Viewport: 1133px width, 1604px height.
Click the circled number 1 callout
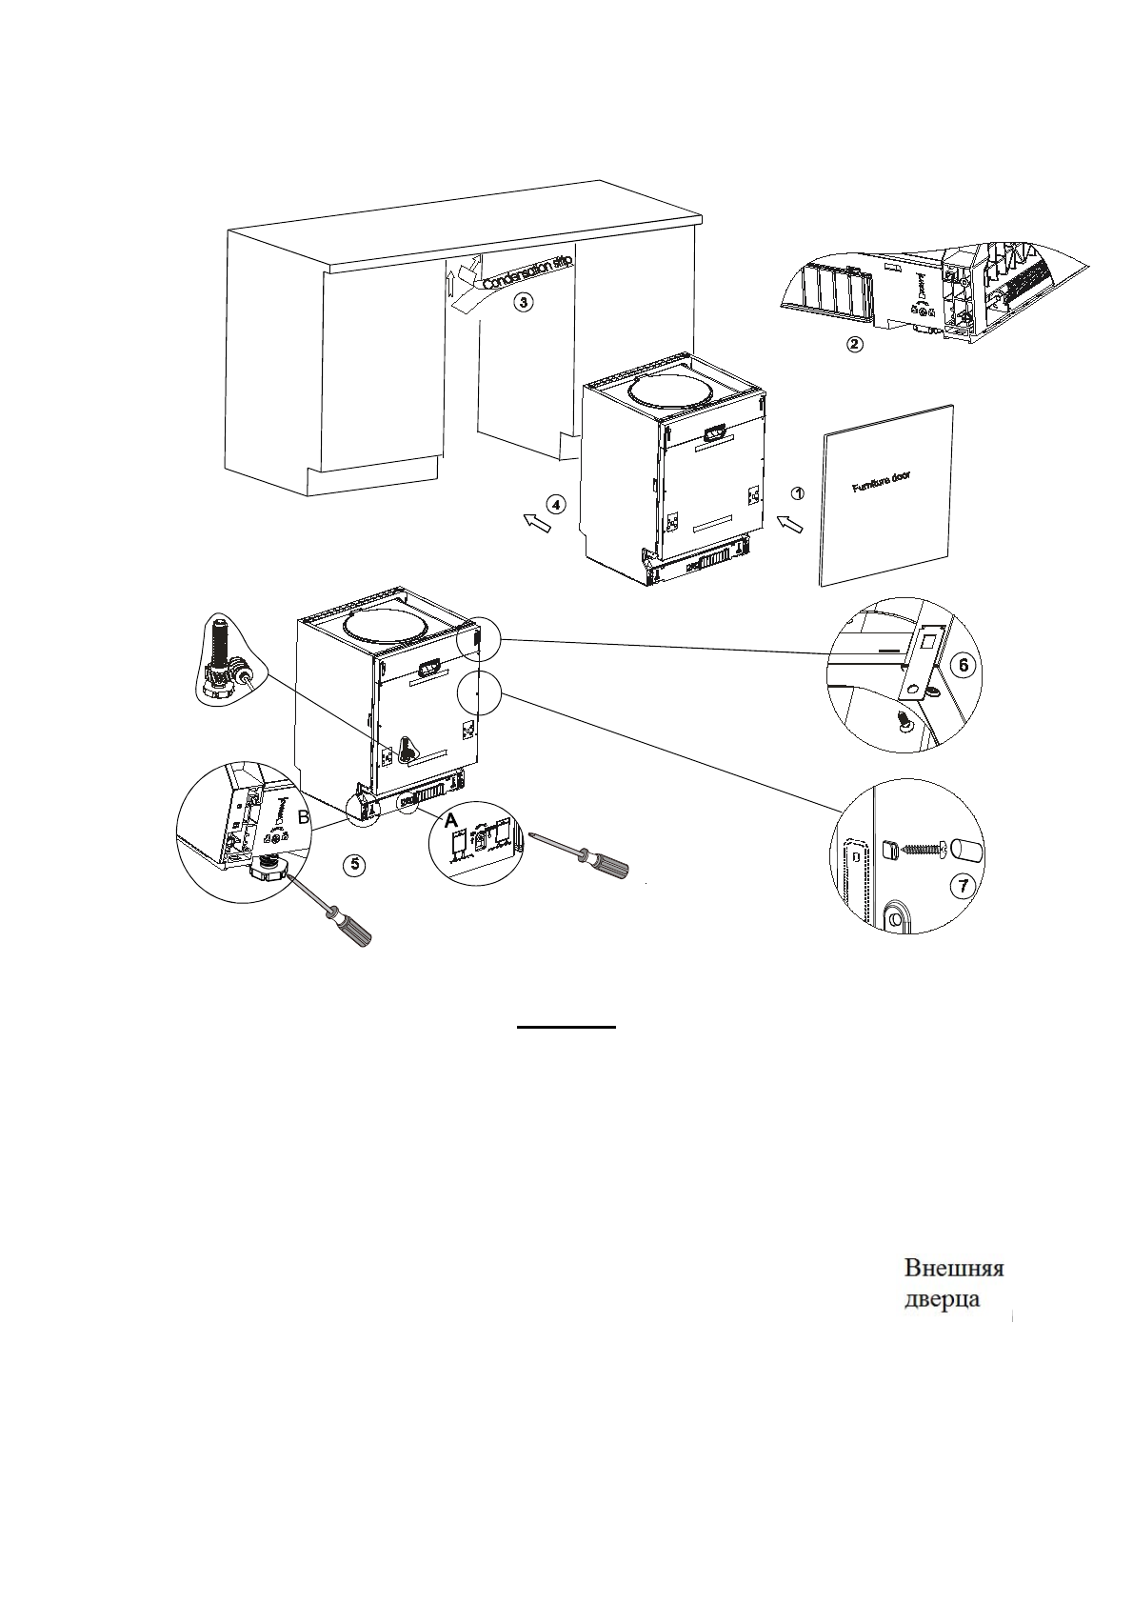click(799, 492)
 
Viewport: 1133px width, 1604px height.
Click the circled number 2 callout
click(855, 345)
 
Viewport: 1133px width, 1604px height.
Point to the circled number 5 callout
click(353, 864)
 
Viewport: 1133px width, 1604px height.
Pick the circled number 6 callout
click(964, 666)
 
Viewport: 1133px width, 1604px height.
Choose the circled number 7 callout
click(963, 885)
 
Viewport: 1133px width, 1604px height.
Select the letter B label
click(303, 817)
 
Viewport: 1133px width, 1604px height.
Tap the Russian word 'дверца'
click(941, 1300)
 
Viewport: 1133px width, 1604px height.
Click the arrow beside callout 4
click(538, 522)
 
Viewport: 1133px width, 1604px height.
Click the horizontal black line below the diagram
click(566, 1028)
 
